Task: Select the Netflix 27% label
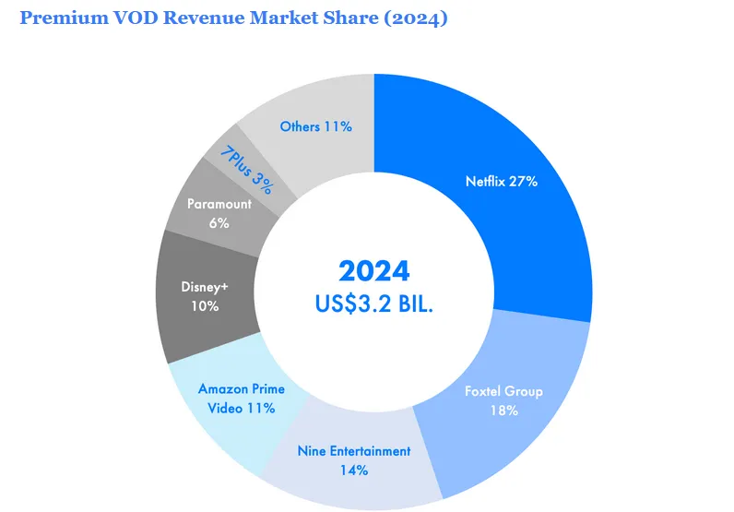pyautogui.click(x=501, y=182)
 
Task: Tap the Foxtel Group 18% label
pyautogui.click(x=503, y=400)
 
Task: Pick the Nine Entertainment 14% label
pyautogui.click(x=353, y=460)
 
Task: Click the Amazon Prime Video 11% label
pyautogui.click(x=241, y=398)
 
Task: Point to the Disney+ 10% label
pyautogui.click(x=204, y=296)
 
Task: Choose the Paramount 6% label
pyautogui.click(x=219, y=213)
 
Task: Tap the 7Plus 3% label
pyautogui.click(x=246, y=168)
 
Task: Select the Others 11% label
pyautogui.click(x=315, y=126)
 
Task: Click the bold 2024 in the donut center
pyautogui.click(x=373, y=270)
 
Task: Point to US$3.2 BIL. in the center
pyautogui.click(x=373, y=304)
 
